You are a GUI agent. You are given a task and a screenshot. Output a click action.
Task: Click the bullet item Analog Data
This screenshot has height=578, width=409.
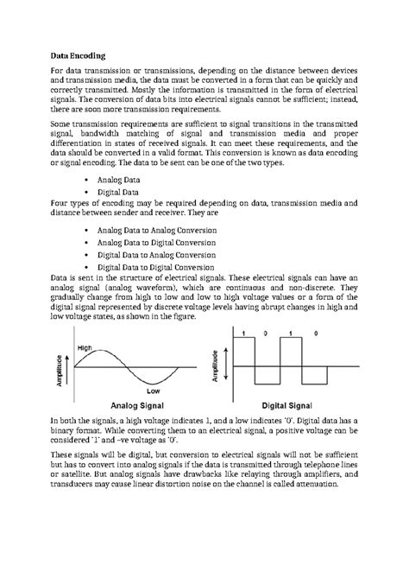(122, 179)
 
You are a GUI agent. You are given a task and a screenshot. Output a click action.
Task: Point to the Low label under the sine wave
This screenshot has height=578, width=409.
(153, 391)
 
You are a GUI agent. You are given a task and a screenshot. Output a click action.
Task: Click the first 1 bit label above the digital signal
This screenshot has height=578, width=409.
(243, 333)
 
